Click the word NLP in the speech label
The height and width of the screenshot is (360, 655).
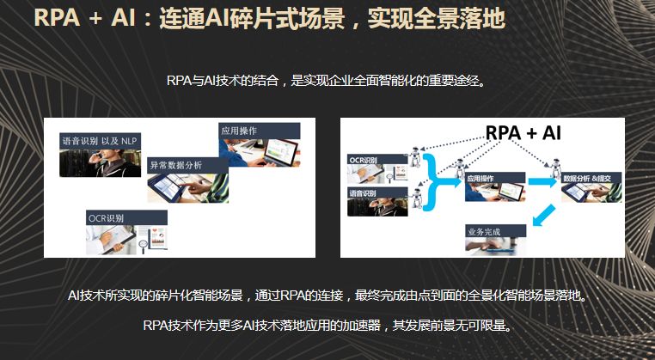[x=128, y=141]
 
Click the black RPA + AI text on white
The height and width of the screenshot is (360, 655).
[x=523, y=133]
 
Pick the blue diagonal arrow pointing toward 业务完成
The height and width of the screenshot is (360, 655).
[x=543, y=215]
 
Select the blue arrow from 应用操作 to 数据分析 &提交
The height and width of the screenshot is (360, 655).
[x=542, y=182]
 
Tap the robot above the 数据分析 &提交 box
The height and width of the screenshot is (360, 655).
[x=555, y=168]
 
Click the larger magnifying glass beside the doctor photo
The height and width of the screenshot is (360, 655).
[x=144, y=245]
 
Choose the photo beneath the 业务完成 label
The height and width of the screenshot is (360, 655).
[x=496, y=247]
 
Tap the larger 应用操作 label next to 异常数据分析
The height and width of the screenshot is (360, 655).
[x=260, y=131]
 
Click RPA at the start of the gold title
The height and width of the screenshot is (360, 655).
[x=57, y=19]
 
